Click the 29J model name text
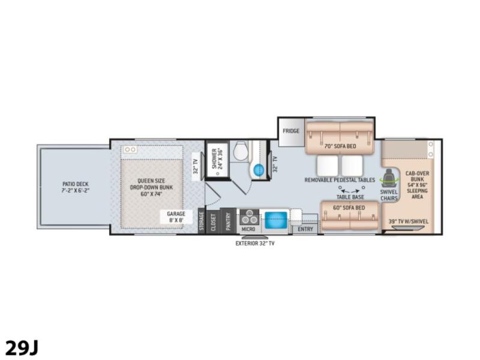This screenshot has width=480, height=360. pos(22,348)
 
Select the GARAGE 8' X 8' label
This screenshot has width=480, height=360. pos(176,217)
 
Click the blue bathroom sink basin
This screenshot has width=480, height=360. pos(259,169)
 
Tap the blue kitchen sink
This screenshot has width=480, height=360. pos(276,220)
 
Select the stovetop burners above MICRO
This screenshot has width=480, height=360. pos(249,217)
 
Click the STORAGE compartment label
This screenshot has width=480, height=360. pos(202,221)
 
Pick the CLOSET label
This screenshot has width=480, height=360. pos(214,222)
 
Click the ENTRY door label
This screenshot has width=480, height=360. pos(305,229)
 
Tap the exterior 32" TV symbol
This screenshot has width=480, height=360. pos(255,237)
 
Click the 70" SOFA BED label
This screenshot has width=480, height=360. pos(340,146)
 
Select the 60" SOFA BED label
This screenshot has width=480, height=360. pos(349,208)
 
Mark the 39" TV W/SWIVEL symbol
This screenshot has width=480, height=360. pos(409,228)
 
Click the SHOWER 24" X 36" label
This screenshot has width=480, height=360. pos(217,159)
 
